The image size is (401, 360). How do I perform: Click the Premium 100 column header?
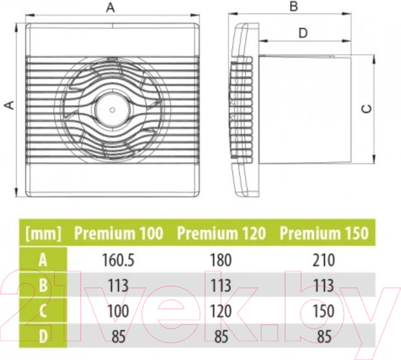click(x=118, y=233)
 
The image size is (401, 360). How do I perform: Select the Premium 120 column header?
click(x=221, y=233)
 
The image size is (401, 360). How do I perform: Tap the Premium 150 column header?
click(x=324, y=233)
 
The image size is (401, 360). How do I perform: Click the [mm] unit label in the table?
click(x=43, y=234)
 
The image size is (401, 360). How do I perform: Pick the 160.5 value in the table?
click(x=118, y=260)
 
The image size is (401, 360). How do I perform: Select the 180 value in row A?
click(x=221, y=260)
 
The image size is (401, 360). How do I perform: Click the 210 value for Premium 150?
click(x=323, y=260)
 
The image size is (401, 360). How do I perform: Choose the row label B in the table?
click(x=43, y=285)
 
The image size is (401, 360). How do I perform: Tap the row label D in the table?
click(x=43, y=336)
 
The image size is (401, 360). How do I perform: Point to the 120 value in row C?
click(x=221, y=311)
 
